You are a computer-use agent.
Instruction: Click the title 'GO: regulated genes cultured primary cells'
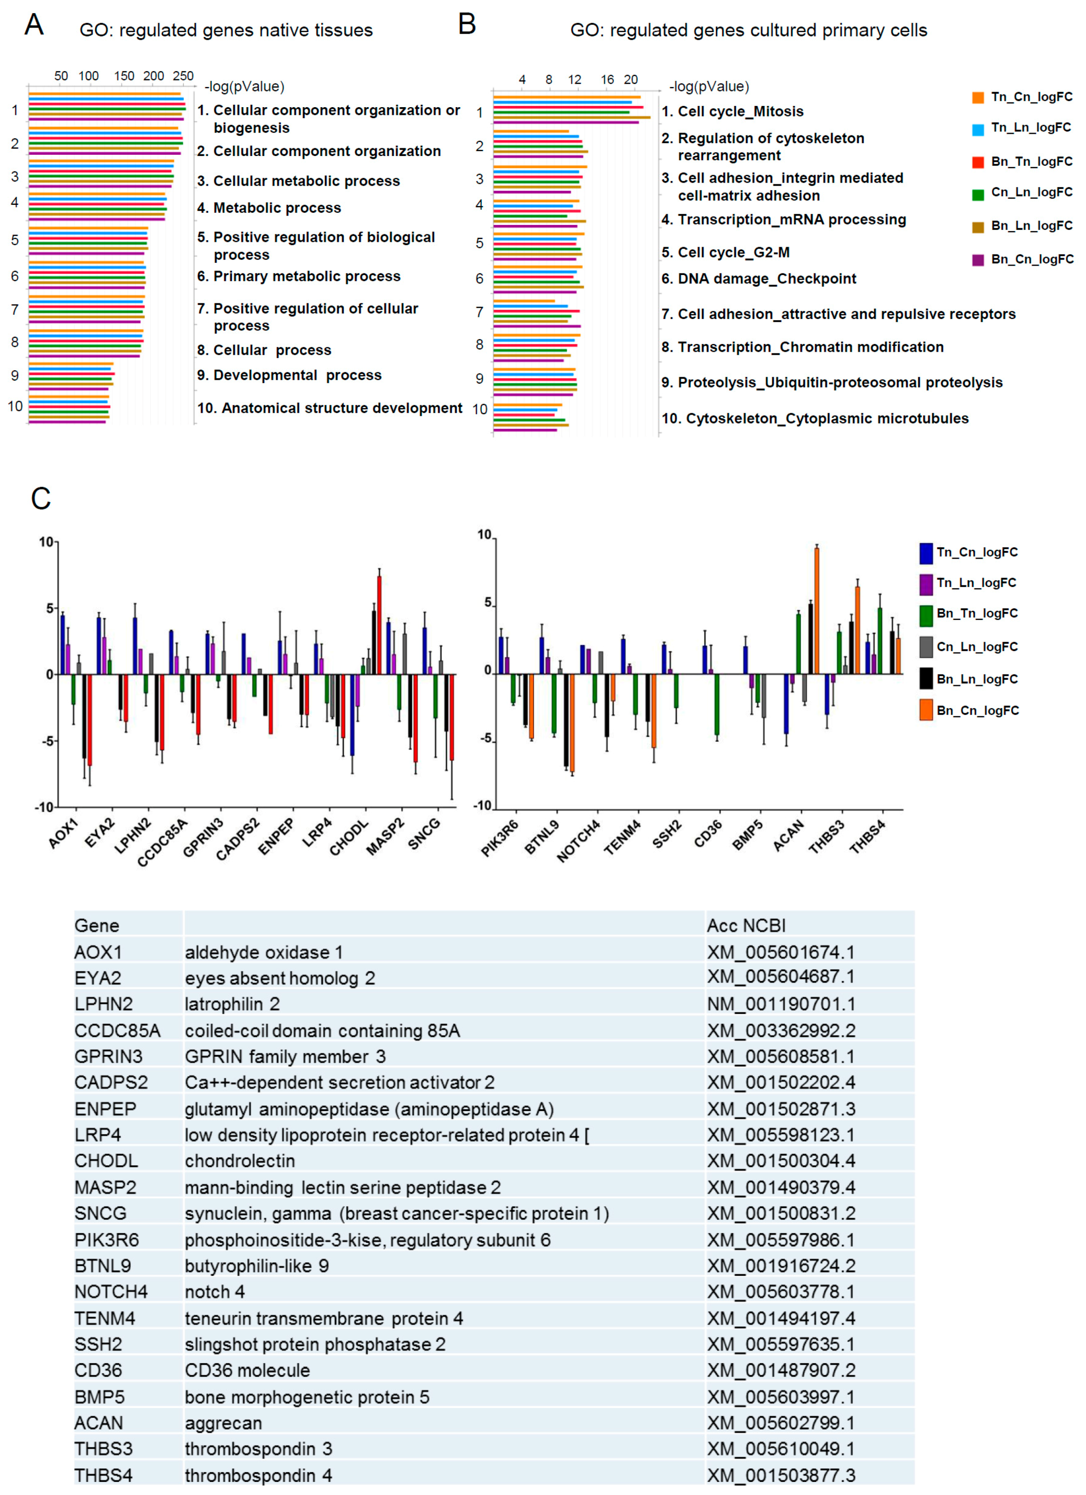coord(748,30)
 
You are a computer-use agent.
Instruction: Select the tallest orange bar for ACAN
coord(816,610)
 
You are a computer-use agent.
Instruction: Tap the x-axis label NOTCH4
coord(579,841)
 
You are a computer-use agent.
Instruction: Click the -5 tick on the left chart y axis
coord(50,741)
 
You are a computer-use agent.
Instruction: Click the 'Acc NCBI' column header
coord(746,925)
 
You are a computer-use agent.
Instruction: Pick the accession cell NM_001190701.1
coord(781,1004)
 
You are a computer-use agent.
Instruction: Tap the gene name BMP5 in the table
coord(99,1397)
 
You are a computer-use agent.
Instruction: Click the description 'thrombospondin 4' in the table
coord(258,1475)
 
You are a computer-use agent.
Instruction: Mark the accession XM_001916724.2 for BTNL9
coord(781,1266)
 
